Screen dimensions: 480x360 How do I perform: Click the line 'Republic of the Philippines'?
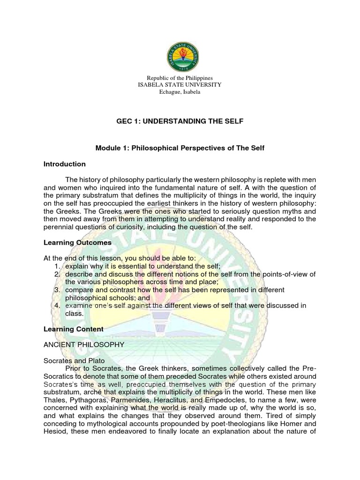coord(180,78)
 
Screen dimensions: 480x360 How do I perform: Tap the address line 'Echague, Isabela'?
coord(180,92)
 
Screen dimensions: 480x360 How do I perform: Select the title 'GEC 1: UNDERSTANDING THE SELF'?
coord(180,121)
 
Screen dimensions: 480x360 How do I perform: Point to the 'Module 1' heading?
coord(180,148)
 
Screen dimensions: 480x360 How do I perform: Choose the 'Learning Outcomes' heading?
coord(77,242)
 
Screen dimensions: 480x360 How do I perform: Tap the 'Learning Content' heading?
coord(73,329)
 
